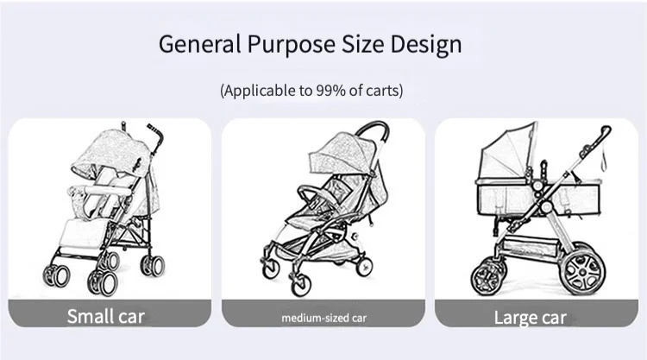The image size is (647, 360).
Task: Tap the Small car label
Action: point(107,316)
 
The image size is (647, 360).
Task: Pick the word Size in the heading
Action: point(367,45)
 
